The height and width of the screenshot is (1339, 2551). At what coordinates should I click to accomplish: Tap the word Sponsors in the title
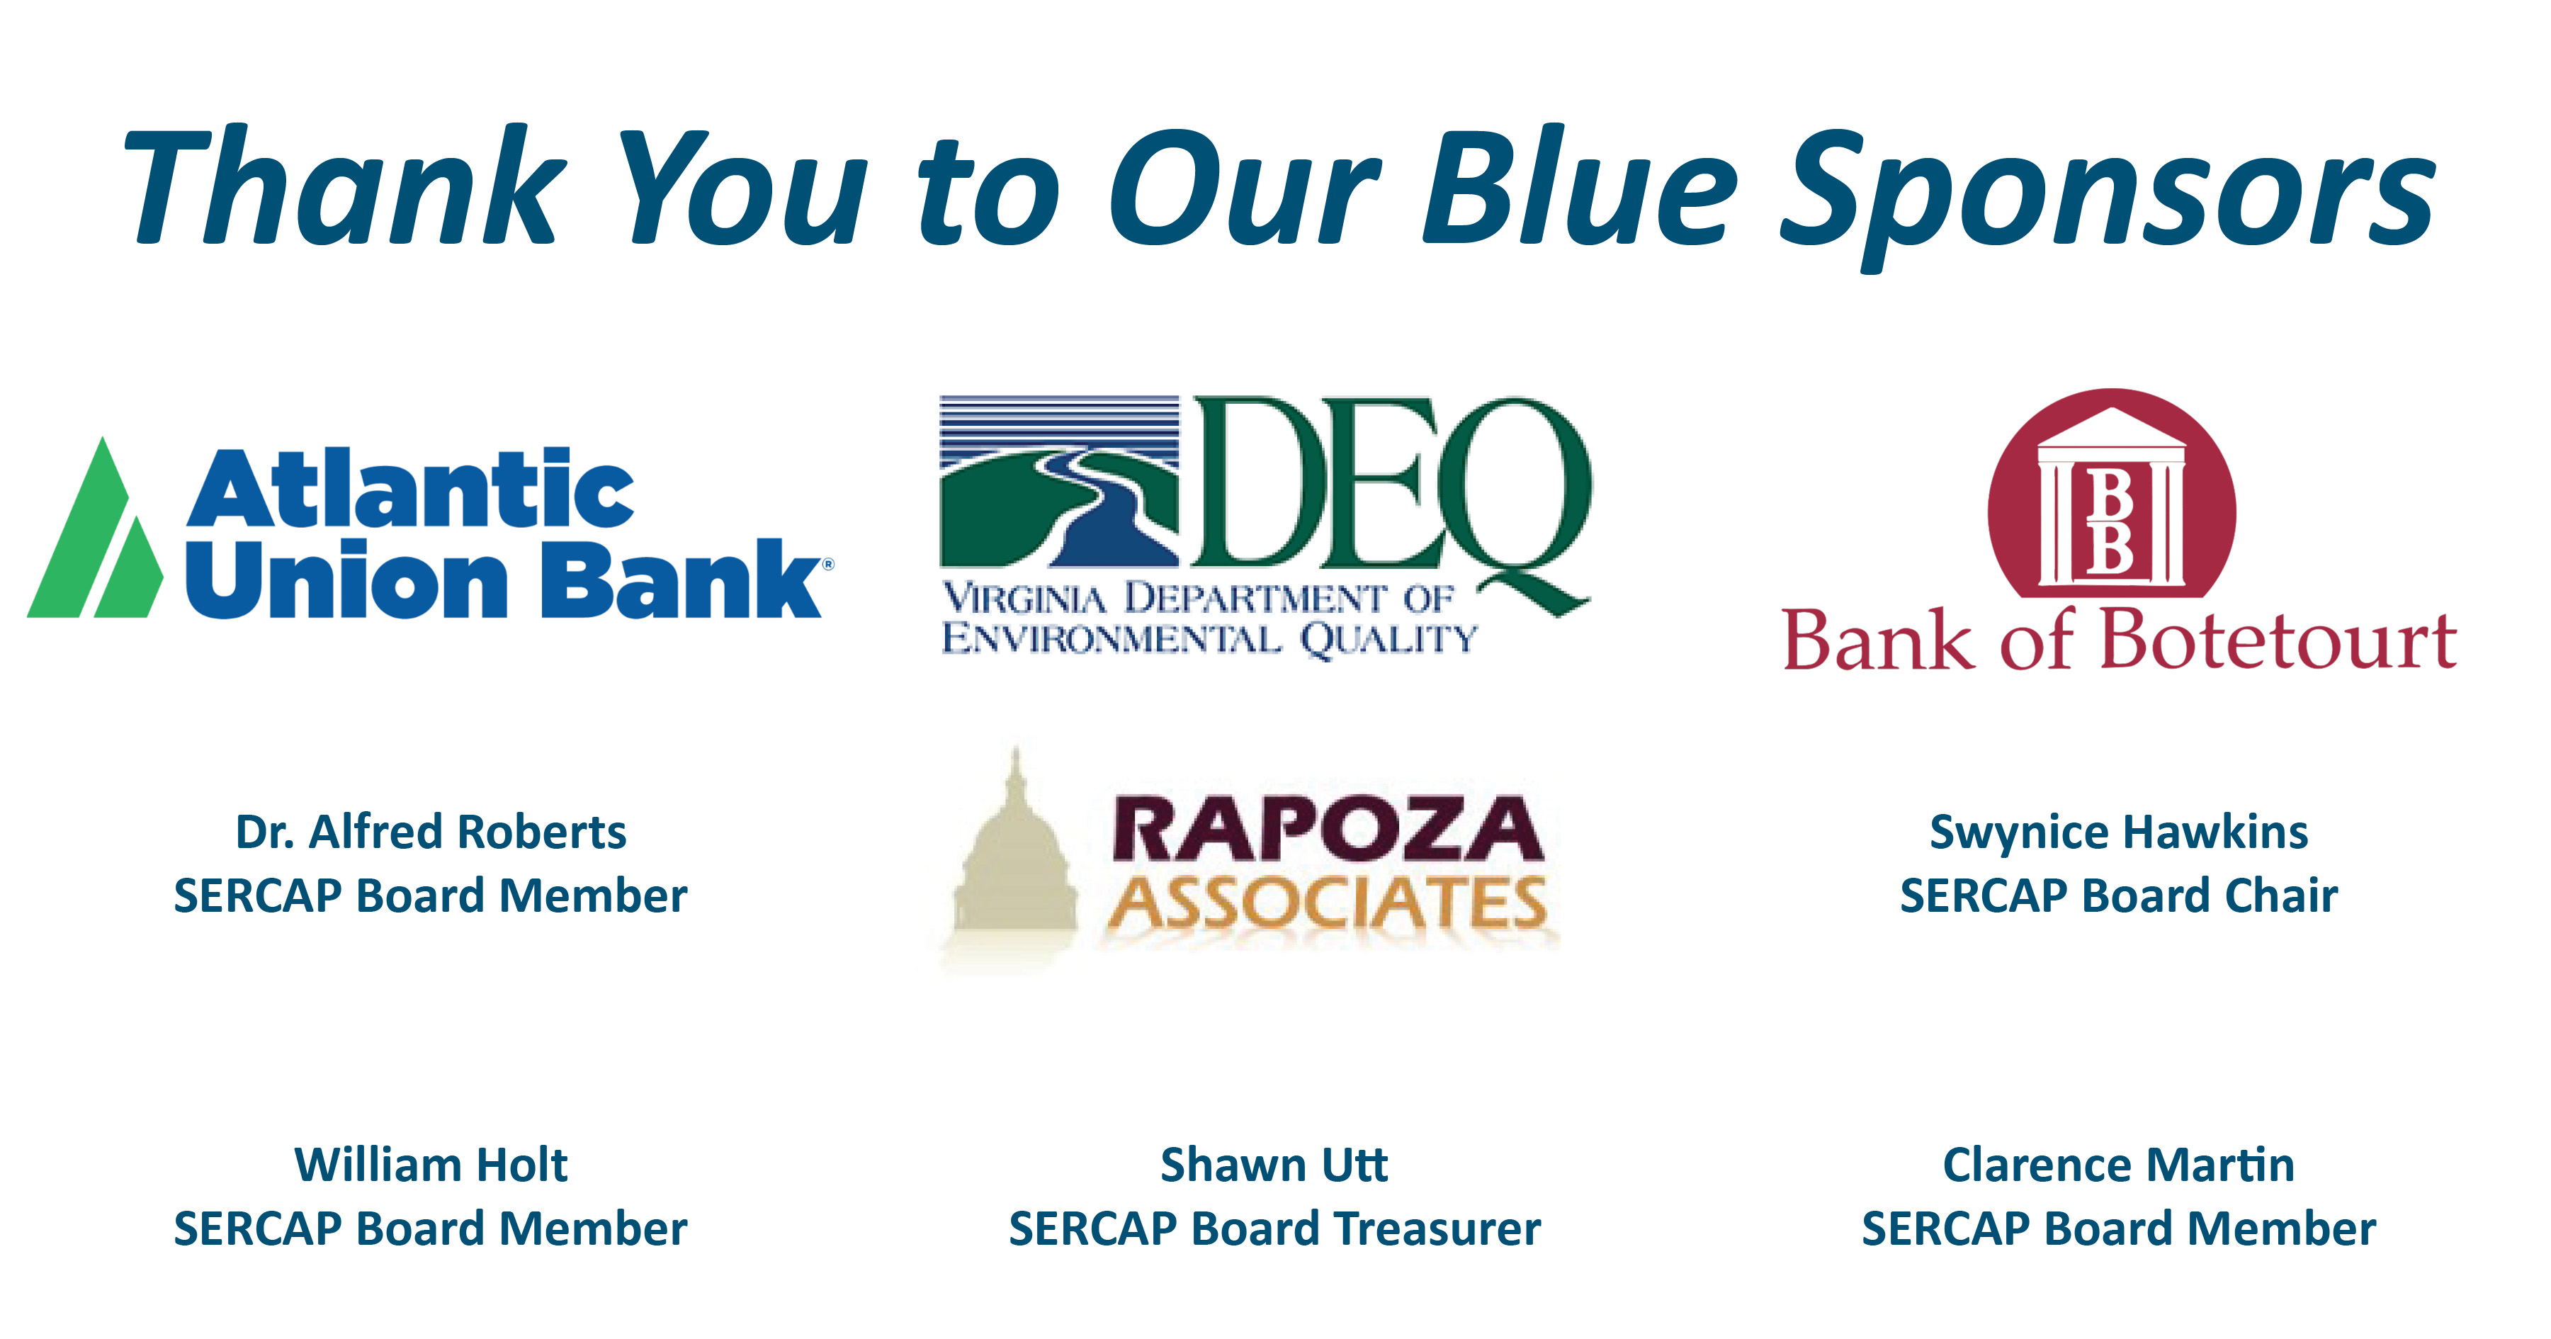click(x=2108, y=198)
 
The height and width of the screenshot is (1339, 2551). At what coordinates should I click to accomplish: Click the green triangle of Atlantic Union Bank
click(x=94, y=529)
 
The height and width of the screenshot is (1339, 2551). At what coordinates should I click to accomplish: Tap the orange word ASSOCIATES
click(x=1327, y=903)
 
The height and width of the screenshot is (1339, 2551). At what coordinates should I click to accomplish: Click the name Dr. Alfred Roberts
click(x=431, y=832)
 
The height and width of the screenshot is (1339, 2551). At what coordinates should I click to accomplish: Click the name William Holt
click(x=431, y=1165)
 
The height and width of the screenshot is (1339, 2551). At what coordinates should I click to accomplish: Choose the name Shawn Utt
click(x=1274, y=1165)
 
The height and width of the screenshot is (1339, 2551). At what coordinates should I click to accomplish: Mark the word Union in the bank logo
click(x=346, y=580)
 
